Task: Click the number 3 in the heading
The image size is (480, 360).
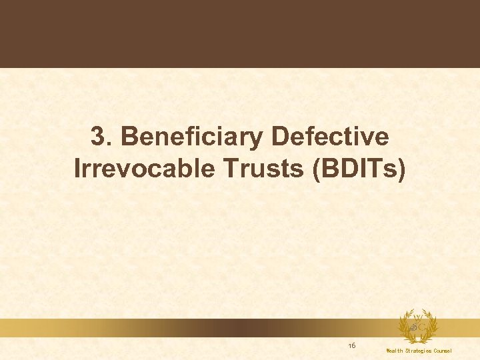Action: (x=98, y=137)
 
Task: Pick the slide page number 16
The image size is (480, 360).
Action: (x=351, y=345)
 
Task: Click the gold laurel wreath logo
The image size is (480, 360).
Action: (x=418, y=327)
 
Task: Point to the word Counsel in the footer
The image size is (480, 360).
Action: (x=443, y=351)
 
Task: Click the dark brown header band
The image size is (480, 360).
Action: (x=240, y=33)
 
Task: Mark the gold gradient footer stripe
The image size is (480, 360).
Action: (x=200, y=327)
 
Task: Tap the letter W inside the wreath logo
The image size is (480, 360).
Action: (x=419, y=317)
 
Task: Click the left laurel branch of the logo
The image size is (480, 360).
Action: (x=405, y=327)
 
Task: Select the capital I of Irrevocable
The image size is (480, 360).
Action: (x=78, y=169)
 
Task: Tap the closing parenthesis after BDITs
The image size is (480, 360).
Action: (x=401, y=169)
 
